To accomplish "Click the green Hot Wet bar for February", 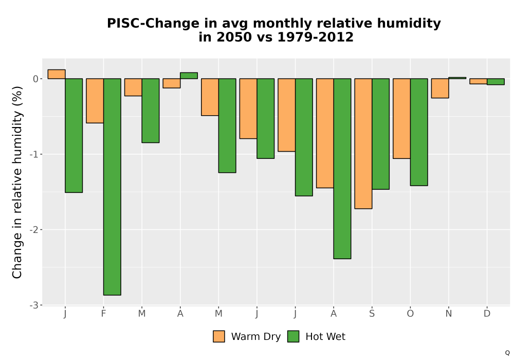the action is click(x=112, y=187).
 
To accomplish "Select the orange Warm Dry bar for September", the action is click(x=363, y=143).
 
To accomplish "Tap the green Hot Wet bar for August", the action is click(x=342, y=169).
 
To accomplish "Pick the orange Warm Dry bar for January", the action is click(x=57, y=74).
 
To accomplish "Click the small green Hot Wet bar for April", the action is click(x=189, y=76).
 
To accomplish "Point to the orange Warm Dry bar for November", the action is click(x=440, y=88).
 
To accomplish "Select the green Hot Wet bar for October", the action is click(x=419, y=132).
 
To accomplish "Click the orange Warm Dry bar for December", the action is click(x=478, y=81).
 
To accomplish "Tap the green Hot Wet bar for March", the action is click(x=151, y=111).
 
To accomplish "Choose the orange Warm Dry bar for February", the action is click(x=95, y=101).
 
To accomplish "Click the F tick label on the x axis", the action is click(x=104, y=314).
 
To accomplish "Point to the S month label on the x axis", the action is click(x=372, y=314).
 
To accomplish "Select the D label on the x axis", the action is click(x=487, y=314).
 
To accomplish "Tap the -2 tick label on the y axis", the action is click(x=34, y=230).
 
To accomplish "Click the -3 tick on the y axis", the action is click(x=34, y=305).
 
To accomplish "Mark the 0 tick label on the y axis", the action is click(x=36, y=79).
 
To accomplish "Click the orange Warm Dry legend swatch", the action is click(x=219, y=336).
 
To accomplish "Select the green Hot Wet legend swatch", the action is click(x=293, y=336).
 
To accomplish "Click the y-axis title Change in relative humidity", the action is click(x=17, y=182).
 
